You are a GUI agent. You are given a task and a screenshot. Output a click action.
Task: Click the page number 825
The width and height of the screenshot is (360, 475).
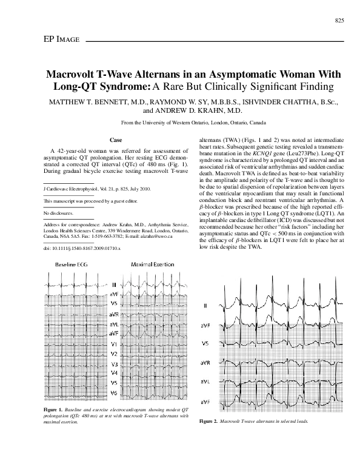[x=339, y=21]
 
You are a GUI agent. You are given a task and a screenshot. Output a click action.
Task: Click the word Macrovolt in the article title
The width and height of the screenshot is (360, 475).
[x=80, y=75]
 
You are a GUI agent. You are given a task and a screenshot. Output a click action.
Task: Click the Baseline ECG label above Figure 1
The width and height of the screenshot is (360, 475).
[x=74, y=266]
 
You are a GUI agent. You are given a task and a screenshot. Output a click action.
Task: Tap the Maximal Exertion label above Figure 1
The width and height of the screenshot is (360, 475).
[x=152, y=266]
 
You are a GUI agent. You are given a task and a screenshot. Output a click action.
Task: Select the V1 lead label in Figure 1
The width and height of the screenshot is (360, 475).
[x=114, y=345]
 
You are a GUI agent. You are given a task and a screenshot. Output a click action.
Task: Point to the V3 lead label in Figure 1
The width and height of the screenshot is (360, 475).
[x=114, y=364]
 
